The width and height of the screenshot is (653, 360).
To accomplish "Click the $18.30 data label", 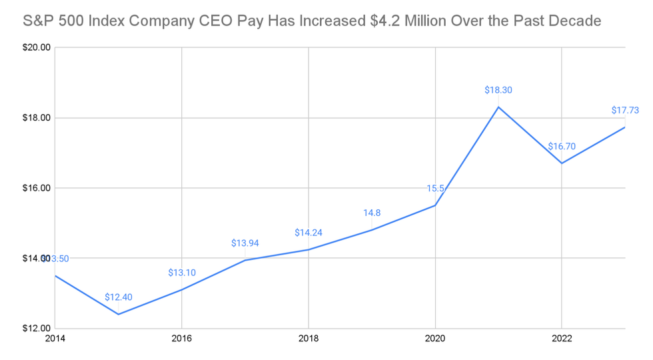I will (498, 90).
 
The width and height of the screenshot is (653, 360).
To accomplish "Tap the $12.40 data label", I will (118, 297).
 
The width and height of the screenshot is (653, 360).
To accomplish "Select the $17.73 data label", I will (625, 111).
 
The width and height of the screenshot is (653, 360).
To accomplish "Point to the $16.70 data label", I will (562, 147).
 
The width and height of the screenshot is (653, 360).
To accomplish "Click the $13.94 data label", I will (245, 243).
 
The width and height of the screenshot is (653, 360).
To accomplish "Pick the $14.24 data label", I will (308, 233).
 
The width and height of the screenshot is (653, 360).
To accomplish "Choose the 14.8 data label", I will (372, 213).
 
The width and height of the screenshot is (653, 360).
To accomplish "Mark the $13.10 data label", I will (181, 272).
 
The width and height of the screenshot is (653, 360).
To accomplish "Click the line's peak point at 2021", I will (498, 107).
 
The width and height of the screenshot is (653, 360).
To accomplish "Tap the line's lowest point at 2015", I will (118, 314).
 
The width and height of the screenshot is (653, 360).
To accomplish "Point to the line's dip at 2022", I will (562, 163).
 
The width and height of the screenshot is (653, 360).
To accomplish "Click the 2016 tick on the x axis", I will (181, 339).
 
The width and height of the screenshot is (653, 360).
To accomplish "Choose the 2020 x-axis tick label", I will (435, 339).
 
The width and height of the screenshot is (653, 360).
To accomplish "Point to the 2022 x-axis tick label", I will (562, 339).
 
